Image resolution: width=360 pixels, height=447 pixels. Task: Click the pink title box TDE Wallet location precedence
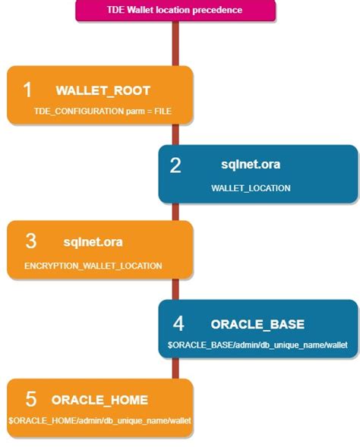[x=175, y=11]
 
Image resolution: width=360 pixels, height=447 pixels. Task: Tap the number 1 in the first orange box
[x=27, y=90]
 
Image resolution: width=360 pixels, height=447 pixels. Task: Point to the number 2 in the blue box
[x=175, y=165]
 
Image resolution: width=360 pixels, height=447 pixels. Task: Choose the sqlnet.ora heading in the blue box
[x=251, y=164]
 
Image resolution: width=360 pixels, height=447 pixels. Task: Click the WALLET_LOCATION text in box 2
[x=251, y=187]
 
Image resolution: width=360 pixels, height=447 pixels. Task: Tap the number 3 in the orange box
[x=30, y=241]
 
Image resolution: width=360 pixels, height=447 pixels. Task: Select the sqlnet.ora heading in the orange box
[x=93, y=242]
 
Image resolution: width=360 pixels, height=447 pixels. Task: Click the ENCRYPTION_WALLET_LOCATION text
[x=93, y=266]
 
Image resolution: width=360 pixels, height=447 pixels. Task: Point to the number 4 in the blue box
[x=178, y=324]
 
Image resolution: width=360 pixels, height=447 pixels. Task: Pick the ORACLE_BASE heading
[x=257, y=324]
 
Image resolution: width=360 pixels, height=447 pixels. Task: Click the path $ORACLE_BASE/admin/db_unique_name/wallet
[x=257, y=345]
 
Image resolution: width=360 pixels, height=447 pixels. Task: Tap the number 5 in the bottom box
[x=30, y=399]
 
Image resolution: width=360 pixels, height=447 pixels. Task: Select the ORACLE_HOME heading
[x=99, y=399]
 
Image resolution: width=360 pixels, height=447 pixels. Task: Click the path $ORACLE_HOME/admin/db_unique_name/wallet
[x=99, y=420]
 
